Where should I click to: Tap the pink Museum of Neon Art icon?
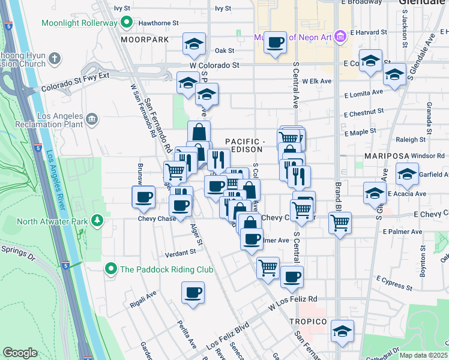[x=341, y=37]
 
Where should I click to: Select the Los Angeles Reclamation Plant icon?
[x=92, y=118]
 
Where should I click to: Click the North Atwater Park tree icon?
[x=97, y=221]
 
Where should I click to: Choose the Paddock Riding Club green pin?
[x=110, y=269]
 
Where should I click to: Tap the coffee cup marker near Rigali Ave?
[x=193, y=293]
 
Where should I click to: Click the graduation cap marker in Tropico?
[x=342, y=331]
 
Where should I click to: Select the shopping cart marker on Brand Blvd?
[x=340, y=223]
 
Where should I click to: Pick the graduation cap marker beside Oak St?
[x=194, y=44]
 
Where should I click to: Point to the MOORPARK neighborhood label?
[x=144, y=40]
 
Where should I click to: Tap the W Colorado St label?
[x=214, y=65]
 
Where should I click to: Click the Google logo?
[x=20, y=352]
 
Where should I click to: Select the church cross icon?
[x=55, y=59]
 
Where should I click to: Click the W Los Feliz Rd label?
[x=292, y=299]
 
